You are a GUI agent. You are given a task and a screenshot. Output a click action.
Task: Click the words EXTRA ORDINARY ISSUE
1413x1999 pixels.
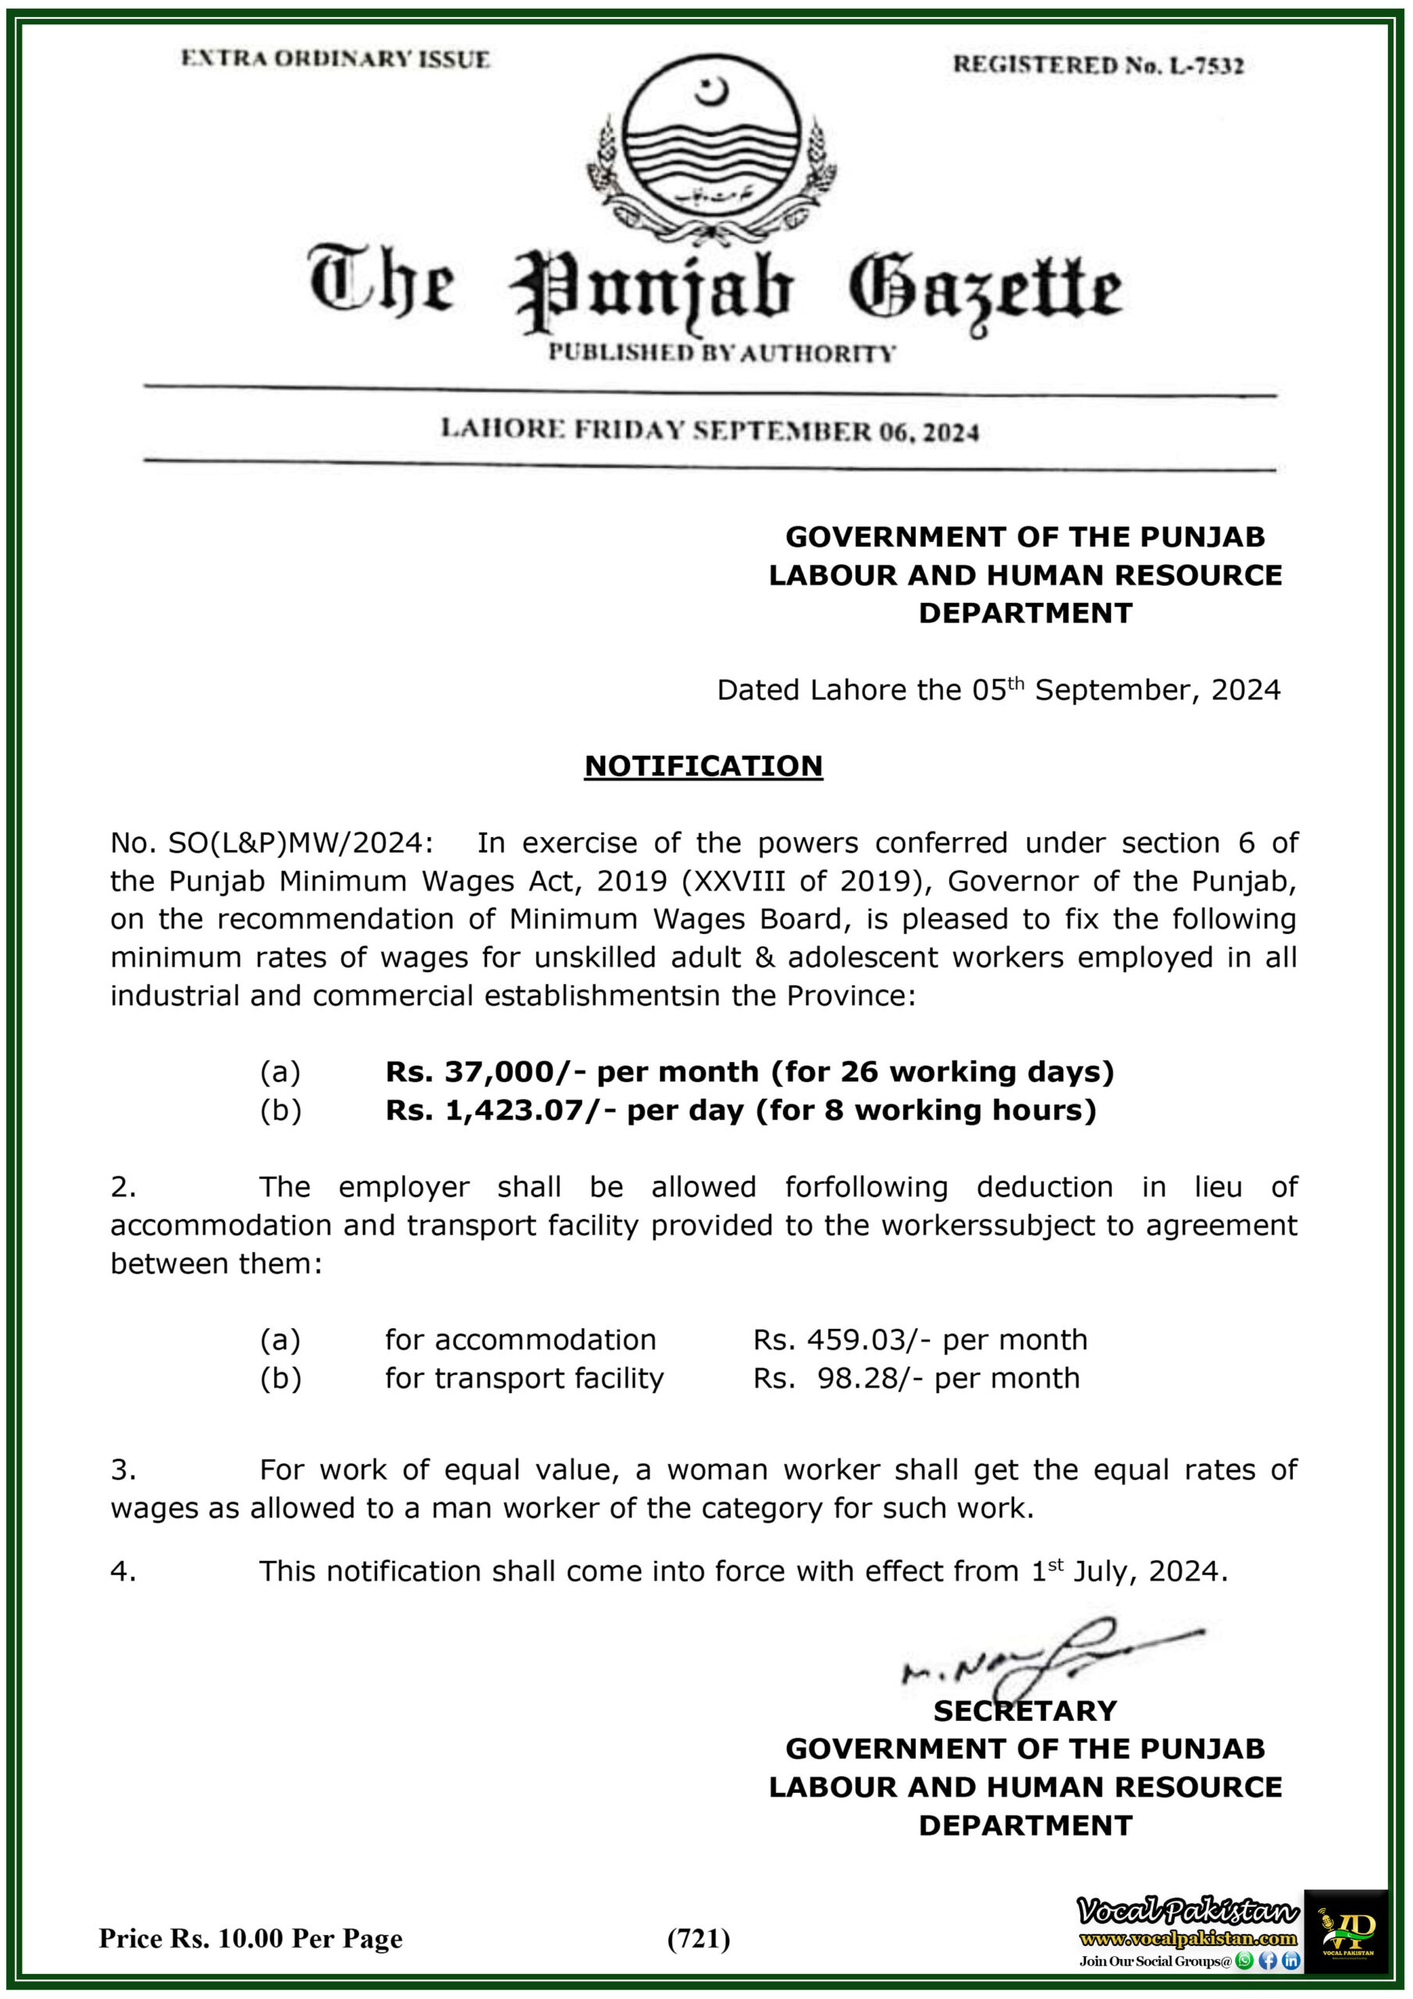coord(335,59)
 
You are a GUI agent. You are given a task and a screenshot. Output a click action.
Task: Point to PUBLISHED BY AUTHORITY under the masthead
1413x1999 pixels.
coord(722,353)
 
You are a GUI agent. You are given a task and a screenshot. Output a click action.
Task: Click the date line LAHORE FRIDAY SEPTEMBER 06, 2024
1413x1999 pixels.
coord(710,430)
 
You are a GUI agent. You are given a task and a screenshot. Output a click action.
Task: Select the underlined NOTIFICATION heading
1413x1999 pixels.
coord(703,765)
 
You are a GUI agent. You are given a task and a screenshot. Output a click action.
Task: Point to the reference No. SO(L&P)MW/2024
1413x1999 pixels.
coord(270,843)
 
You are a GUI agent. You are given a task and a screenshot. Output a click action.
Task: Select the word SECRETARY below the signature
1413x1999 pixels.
coord(1025,1711)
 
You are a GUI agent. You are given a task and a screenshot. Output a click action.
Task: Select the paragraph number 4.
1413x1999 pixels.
coord(123,1570)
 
